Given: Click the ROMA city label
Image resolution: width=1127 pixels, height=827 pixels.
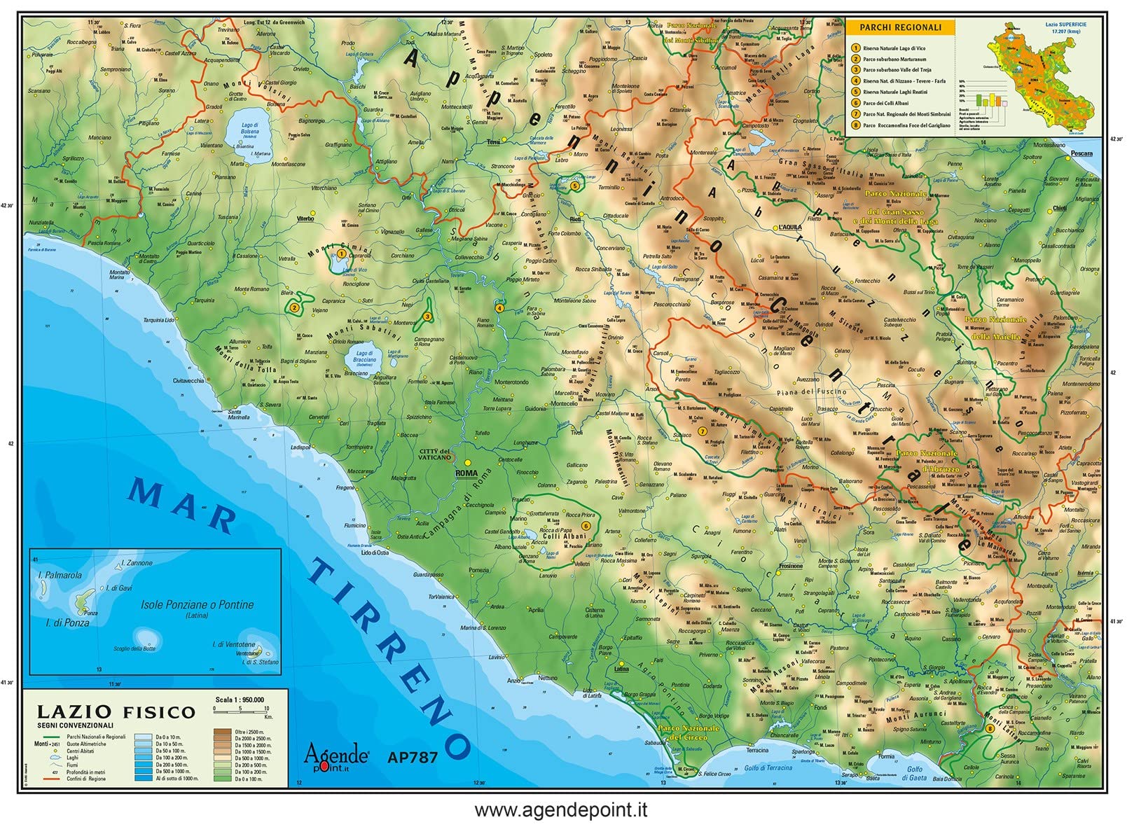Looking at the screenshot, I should click(466, 473).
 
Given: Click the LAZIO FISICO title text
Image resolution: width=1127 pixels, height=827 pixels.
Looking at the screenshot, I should click(116, 712).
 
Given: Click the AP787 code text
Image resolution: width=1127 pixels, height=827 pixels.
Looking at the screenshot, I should click(413, 757).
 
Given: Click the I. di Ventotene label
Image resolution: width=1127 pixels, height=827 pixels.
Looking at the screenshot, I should click(234, 644).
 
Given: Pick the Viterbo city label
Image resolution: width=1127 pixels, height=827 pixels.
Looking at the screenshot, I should click(305, 218).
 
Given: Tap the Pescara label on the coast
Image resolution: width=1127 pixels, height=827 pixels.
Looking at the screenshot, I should click(1081, 153).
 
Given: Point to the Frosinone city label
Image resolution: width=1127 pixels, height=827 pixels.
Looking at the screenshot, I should click(791, 566).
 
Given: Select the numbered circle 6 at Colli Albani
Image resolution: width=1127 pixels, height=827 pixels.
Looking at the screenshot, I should click(586, 525).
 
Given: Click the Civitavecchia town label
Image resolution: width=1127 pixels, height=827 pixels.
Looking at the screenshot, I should click(189, 381).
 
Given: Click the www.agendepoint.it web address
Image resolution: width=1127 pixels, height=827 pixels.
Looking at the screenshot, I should click(560, 811).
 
